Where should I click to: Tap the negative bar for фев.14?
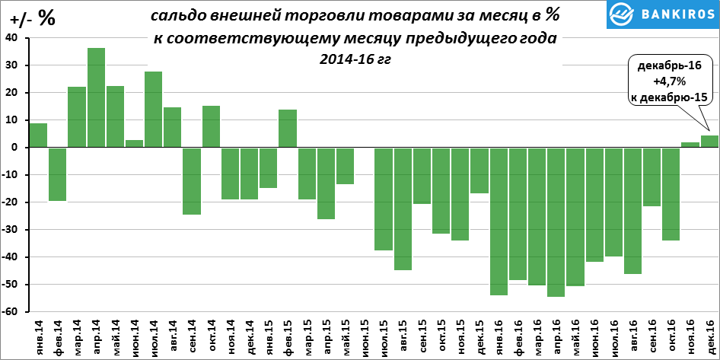[58, 174]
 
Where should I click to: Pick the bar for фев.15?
[288, 129]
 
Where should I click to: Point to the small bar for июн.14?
[134, 144]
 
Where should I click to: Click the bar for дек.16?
[709, 142]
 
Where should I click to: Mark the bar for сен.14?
[192, 181]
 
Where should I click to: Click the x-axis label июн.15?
[365, 336]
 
